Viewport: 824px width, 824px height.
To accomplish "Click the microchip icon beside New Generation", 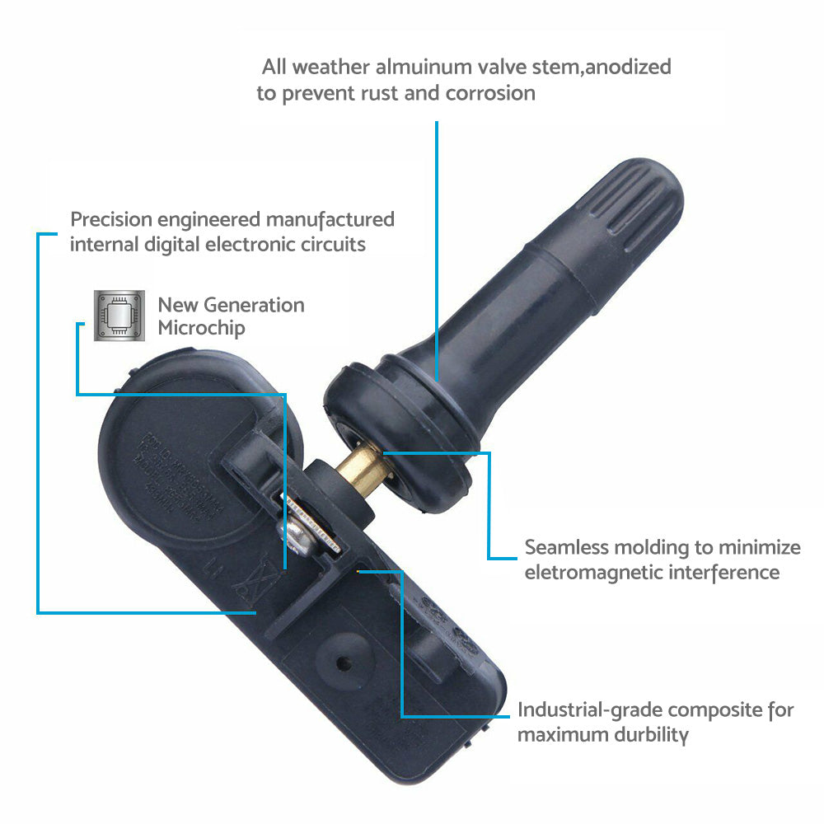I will click(x=115, y=316).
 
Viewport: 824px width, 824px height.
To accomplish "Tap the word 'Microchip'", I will click(x=201, y=328).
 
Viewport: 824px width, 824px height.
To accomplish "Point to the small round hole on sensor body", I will click(x=343, y=660).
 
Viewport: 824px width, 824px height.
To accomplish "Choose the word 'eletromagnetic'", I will click(x=602, y=572).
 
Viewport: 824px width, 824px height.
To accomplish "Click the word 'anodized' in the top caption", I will click(x=628, y=67).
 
